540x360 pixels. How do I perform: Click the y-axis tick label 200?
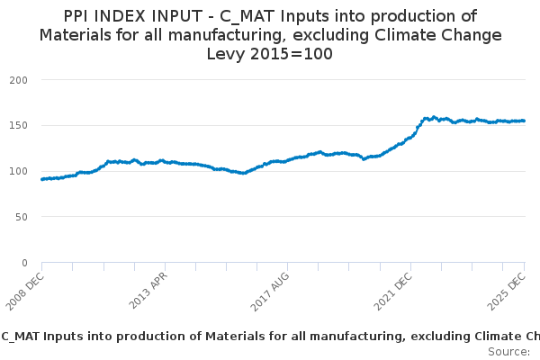[x=19, y=80]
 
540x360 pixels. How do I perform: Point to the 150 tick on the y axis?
[x=19, y=126]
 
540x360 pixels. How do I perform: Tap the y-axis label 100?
[x=19, y=172]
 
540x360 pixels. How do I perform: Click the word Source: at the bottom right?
[x=508, y=351]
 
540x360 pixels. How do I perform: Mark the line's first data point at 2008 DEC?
[x=42, y=179]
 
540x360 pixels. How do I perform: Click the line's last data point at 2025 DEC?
[x=524, y=121]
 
